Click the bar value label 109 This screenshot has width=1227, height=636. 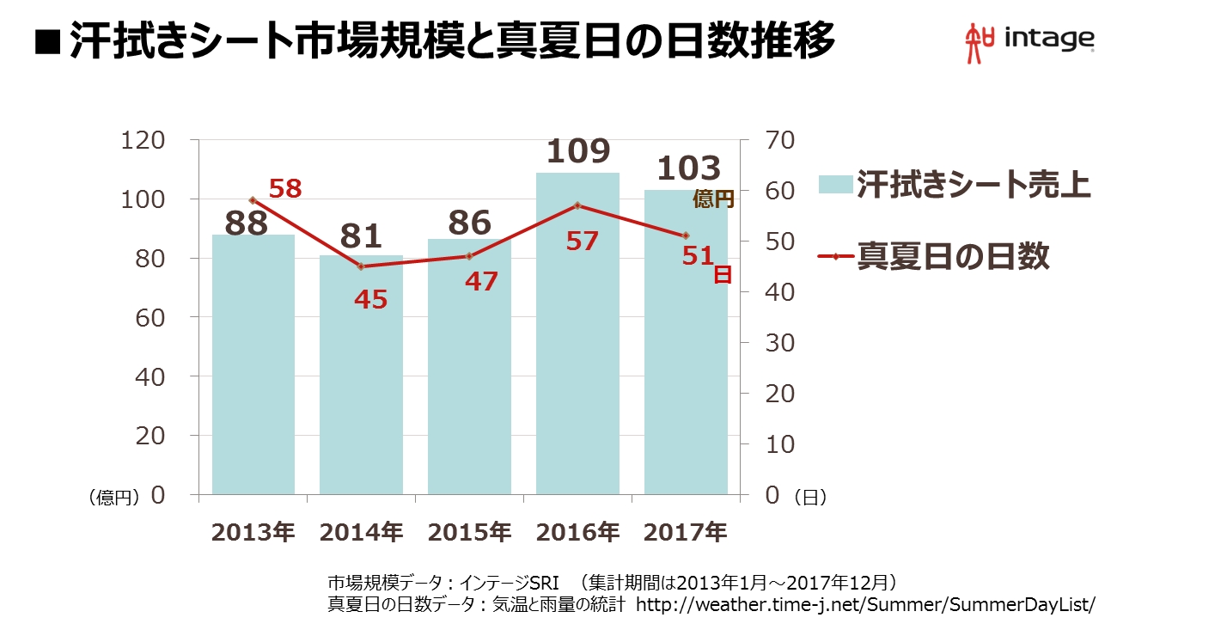(577, 151)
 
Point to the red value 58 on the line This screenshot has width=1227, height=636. (286, 188)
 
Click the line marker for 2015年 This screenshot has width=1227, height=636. (469, 256)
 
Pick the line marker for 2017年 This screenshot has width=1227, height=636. (686, 235)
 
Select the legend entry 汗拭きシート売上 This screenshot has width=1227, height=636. (974, 185)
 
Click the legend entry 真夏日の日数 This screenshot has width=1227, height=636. (953, 256)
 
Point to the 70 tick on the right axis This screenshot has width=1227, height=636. (780, 140)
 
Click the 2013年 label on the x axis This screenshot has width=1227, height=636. (253, 532)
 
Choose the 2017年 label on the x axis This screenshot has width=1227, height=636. (686, 532)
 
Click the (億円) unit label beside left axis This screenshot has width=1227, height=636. (114, 498)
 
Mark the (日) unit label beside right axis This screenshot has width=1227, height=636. (809, 497)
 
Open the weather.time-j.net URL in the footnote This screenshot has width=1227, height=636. (865, 603)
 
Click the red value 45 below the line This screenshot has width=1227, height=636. (370, 299)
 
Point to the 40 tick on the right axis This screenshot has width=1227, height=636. (780, 292)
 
